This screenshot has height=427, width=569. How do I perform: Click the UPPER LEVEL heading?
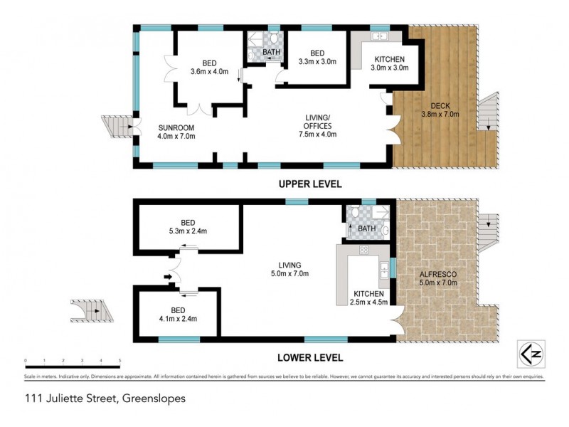click(x=310, y=184)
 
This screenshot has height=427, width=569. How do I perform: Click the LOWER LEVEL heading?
click(x=310, y=357)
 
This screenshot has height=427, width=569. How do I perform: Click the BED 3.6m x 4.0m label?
click(x=206, y=66)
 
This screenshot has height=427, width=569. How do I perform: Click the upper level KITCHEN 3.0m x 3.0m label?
click(x=388, y=63)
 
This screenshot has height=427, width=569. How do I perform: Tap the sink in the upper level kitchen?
click(x=378, y=36)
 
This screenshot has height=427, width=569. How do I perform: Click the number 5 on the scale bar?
click(x=119, y=361)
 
